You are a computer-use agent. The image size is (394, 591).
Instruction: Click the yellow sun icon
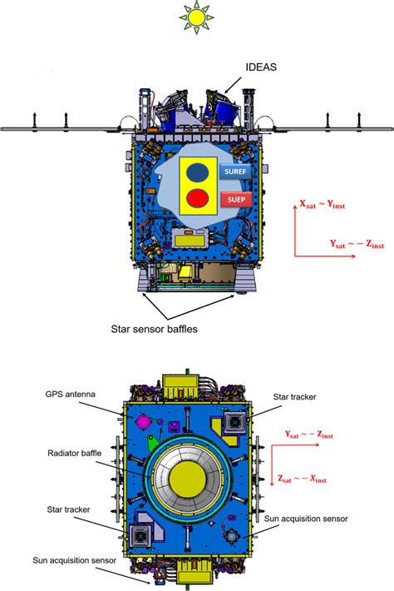(x=196, y=17)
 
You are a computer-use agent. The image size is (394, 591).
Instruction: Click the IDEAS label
(x=261, y=67)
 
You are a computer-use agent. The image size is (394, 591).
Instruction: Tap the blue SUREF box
(x=235, y=171)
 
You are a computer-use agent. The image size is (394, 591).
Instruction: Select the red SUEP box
(x=236, y=200)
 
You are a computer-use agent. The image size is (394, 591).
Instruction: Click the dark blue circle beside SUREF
(x=197, y=171)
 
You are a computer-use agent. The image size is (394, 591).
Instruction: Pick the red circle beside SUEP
(x=198, y=198)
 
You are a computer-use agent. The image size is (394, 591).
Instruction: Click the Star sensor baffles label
(x=154, y=329)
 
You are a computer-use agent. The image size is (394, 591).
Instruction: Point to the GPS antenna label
(x=70, y=395)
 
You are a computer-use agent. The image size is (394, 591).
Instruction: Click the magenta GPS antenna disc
(x=143, y=421)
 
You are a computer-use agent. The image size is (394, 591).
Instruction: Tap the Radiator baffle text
(x=74, y=453)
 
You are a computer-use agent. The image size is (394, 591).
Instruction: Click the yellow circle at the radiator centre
(x=187, y=479)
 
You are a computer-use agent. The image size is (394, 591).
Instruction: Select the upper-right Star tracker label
(x=294, y=397)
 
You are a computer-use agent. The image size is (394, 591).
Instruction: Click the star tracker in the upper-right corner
(x=234, y=422)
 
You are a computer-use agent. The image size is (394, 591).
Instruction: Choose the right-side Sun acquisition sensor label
(x=306, y=519)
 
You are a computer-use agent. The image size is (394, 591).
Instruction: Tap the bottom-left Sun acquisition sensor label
(x=74, y=560)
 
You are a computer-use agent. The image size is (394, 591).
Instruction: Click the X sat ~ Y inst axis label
(x=323, y=205)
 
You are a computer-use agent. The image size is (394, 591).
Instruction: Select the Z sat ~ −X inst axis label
(x=302, y=479)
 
